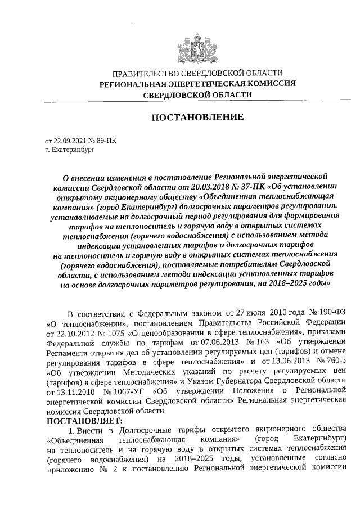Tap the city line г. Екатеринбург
pos(70,150)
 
